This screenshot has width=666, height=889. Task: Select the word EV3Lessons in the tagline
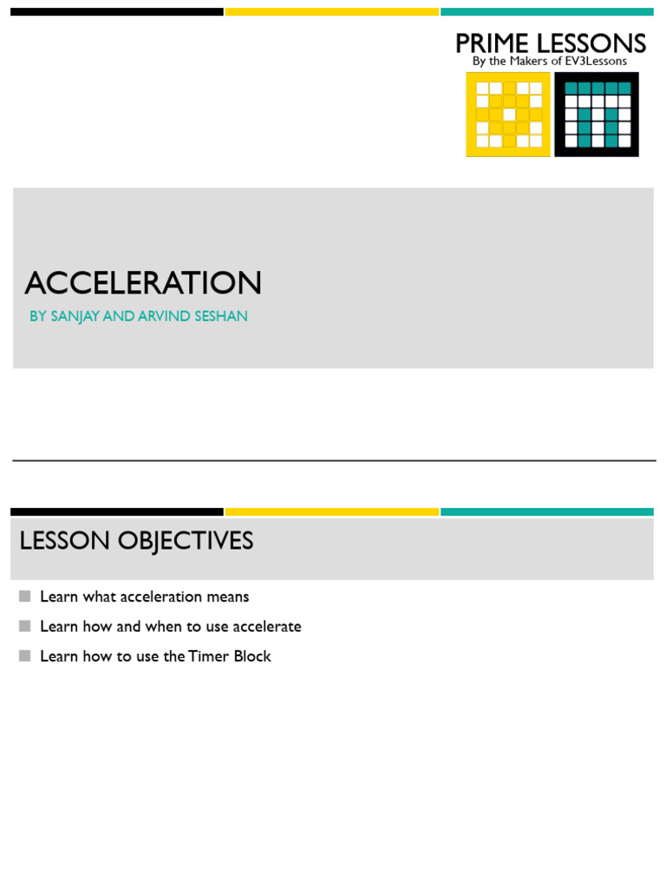tap(595, 62)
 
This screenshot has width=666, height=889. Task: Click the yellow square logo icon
tap(508, 115)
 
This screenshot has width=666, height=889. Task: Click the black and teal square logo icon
tap(597, 115)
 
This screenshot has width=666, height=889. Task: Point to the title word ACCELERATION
tap(143, 283)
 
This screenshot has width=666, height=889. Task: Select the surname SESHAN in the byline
tap(221, 317)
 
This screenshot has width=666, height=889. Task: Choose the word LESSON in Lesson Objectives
tap(65, 541)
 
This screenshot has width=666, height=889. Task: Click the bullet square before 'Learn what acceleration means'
tap(24, 596)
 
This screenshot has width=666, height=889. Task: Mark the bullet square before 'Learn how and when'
tap(24, 626)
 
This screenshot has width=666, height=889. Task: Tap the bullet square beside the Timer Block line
tap(24, 655)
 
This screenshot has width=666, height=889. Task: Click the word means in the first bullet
tap(227, 597)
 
